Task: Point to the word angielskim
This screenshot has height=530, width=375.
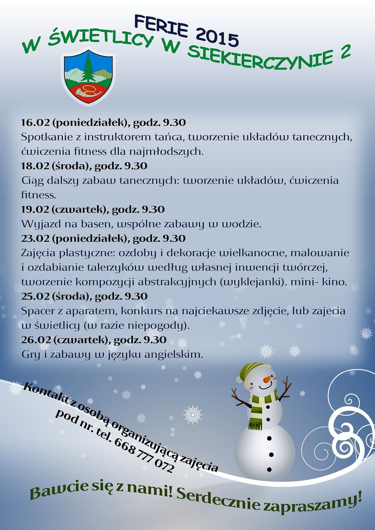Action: coord(172,355)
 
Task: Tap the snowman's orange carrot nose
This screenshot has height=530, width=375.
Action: coord(267,379)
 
